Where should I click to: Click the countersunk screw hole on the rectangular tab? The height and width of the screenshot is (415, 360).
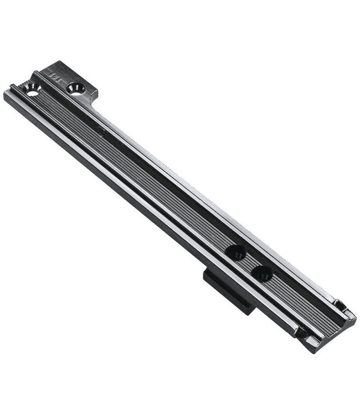click(76, 87)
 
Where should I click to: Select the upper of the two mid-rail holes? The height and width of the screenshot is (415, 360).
click(235, 253)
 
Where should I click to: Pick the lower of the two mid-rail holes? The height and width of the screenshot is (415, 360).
click(261, 272)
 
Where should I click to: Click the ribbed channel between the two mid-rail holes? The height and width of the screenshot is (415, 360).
click(249, 262)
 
